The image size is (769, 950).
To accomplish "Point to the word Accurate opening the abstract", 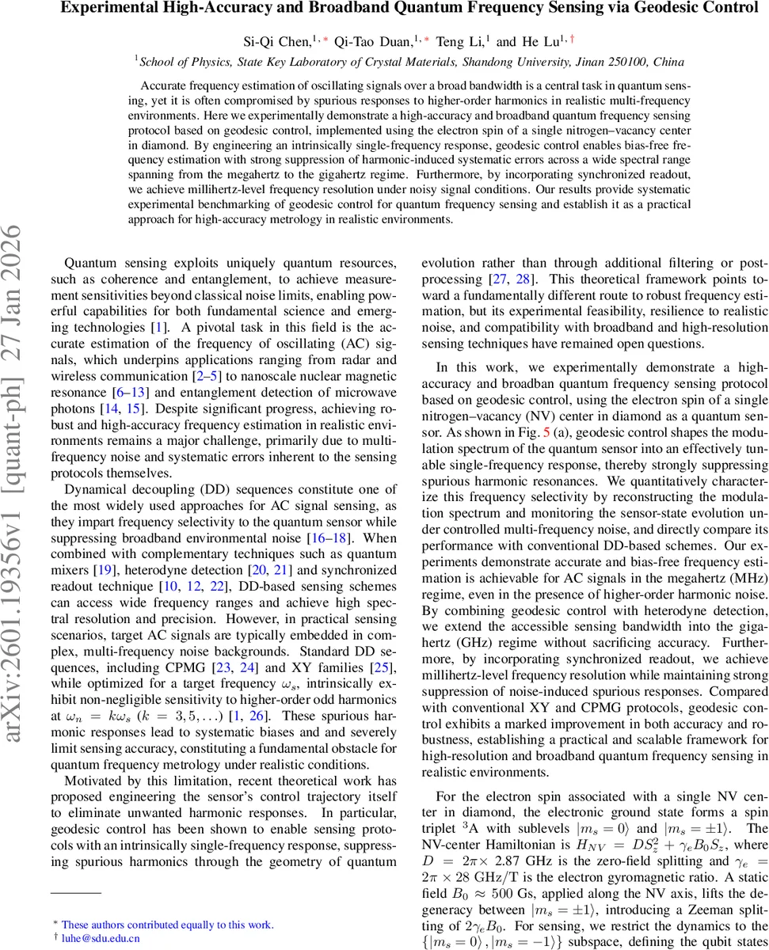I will (163, 85).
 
